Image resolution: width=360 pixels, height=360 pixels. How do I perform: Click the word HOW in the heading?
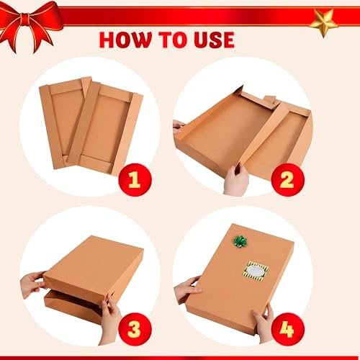(125, 40)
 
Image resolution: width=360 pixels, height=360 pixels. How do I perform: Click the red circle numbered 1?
(135, 180)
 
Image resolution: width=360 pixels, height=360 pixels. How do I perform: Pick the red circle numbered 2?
(287, 180)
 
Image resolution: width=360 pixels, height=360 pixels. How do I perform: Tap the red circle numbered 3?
(135, 329)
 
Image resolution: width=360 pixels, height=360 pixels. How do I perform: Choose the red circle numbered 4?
(287, 329)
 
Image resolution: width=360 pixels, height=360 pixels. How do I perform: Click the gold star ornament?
(324, 22)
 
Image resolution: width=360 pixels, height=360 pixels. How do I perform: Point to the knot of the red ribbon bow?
(26, 19)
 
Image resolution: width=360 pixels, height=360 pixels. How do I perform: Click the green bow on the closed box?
(240, 241)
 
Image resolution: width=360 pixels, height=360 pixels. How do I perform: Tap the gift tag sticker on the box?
(255, 271)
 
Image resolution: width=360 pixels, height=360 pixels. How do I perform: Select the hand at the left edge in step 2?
(179, 127)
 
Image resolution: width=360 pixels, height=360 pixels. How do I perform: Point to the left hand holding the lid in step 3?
(32, 284)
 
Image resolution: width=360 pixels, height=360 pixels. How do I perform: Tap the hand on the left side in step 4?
(186, 289)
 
